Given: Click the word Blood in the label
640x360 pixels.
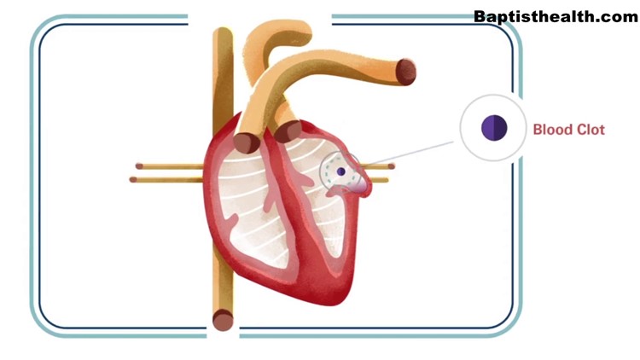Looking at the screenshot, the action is [x=550, y=130].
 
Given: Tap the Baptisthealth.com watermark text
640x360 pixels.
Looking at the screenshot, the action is [x=556, y=17].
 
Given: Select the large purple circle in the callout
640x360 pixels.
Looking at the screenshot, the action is [x=494, y=128].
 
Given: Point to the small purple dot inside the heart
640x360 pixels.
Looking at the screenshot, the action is [x=341, y=171].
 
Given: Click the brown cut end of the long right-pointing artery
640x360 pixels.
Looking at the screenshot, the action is [x=405, y=73].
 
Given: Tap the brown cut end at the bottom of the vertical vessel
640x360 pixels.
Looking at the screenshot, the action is [x=223, y=320].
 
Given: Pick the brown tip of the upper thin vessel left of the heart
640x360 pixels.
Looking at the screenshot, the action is [x=139, y=166].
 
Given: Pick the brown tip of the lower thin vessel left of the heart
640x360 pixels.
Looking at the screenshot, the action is [x=133, y=180].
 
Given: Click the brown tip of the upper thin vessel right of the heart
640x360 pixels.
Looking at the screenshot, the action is [x=391, y=166].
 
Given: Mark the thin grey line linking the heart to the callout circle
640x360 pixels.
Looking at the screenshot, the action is [x=407, y=153].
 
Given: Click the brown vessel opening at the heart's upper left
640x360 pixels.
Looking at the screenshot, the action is [x=246, y=142].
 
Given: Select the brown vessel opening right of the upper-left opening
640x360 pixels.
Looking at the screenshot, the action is [x=288, y=131].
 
